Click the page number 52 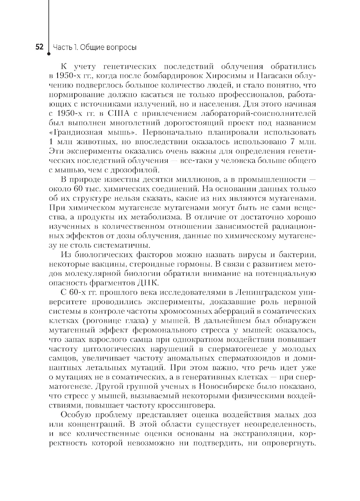[39, 47]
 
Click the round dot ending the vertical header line [48, 56]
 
